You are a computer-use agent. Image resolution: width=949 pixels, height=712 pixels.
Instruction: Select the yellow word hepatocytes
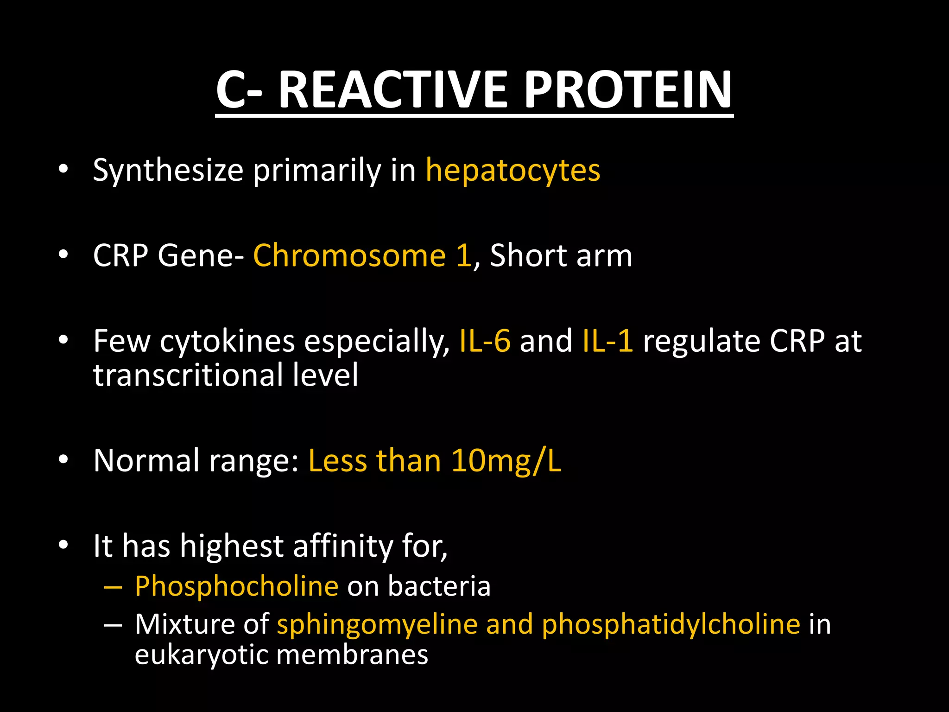point(512,171)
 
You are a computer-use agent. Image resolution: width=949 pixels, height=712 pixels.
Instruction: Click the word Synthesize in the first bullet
point(168,171)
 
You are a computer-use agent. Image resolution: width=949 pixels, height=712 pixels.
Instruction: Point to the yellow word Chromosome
point(349,255)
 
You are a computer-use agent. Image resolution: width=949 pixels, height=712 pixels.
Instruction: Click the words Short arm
point(561,255)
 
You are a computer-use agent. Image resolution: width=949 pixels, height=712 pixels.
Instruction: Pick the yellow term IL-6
point(485,341)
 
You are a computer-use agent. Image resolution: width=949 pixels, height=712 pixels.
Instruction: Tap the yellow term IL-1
point(607,341)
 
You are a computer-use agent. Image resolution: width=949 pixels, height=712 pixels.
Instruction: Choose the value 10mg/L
point(506,461)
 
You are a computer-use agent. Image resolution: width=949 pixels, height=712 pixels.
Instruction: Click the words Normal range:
point(196,461)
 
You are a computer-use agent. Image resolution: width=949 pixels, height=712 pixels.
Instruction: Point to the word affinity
point(343,546)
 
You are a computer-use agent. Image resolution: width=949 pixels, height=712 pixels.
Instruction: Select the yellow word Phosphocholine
point(236,586)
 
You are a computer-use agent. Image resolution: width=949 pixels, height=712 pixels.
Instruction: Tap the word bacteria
point(439,586)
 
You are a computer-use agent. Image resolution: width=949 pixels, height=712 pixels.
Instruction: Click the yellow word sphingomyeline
point(377,624)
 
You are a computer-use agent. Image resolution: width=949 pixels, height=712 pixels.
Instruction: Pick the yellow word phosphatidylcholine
point(671,624)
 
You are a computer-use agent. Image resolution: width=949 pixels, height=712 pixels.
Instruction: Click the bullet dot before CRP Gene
point(63,255)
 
